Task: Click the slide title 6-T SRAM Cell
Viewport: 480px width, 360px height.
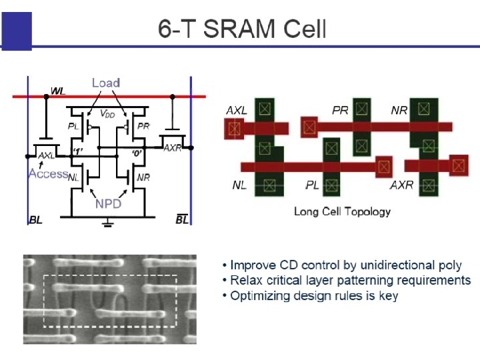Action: [242, 29]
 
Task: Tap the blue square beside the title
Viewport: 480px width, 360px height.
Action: [17, 31]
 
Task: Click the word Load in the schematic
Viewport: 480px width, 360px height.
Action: [105, 83]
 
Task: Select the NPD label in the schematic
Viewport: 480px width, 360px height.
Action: [108, 203]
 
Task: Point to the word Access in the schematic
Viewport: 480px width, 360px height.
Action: [48, 174]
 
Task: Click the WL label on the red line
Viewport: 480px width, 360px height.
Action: [58, 91]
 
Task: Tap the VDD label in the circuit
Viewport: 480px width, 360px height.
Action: [107, 113]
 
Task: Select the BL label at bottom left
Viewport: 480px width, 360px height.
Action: [35, 220]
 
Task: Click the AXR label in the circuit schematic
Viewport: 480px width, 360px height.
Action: [171, 148]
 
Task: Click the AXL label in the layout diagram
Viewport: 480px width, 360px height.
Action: [237, 110]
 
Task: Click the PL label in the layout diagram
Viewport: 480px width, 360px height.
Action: [312, 185]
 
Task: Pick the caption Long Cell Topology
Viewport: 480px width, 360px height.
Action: [342, 211]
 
